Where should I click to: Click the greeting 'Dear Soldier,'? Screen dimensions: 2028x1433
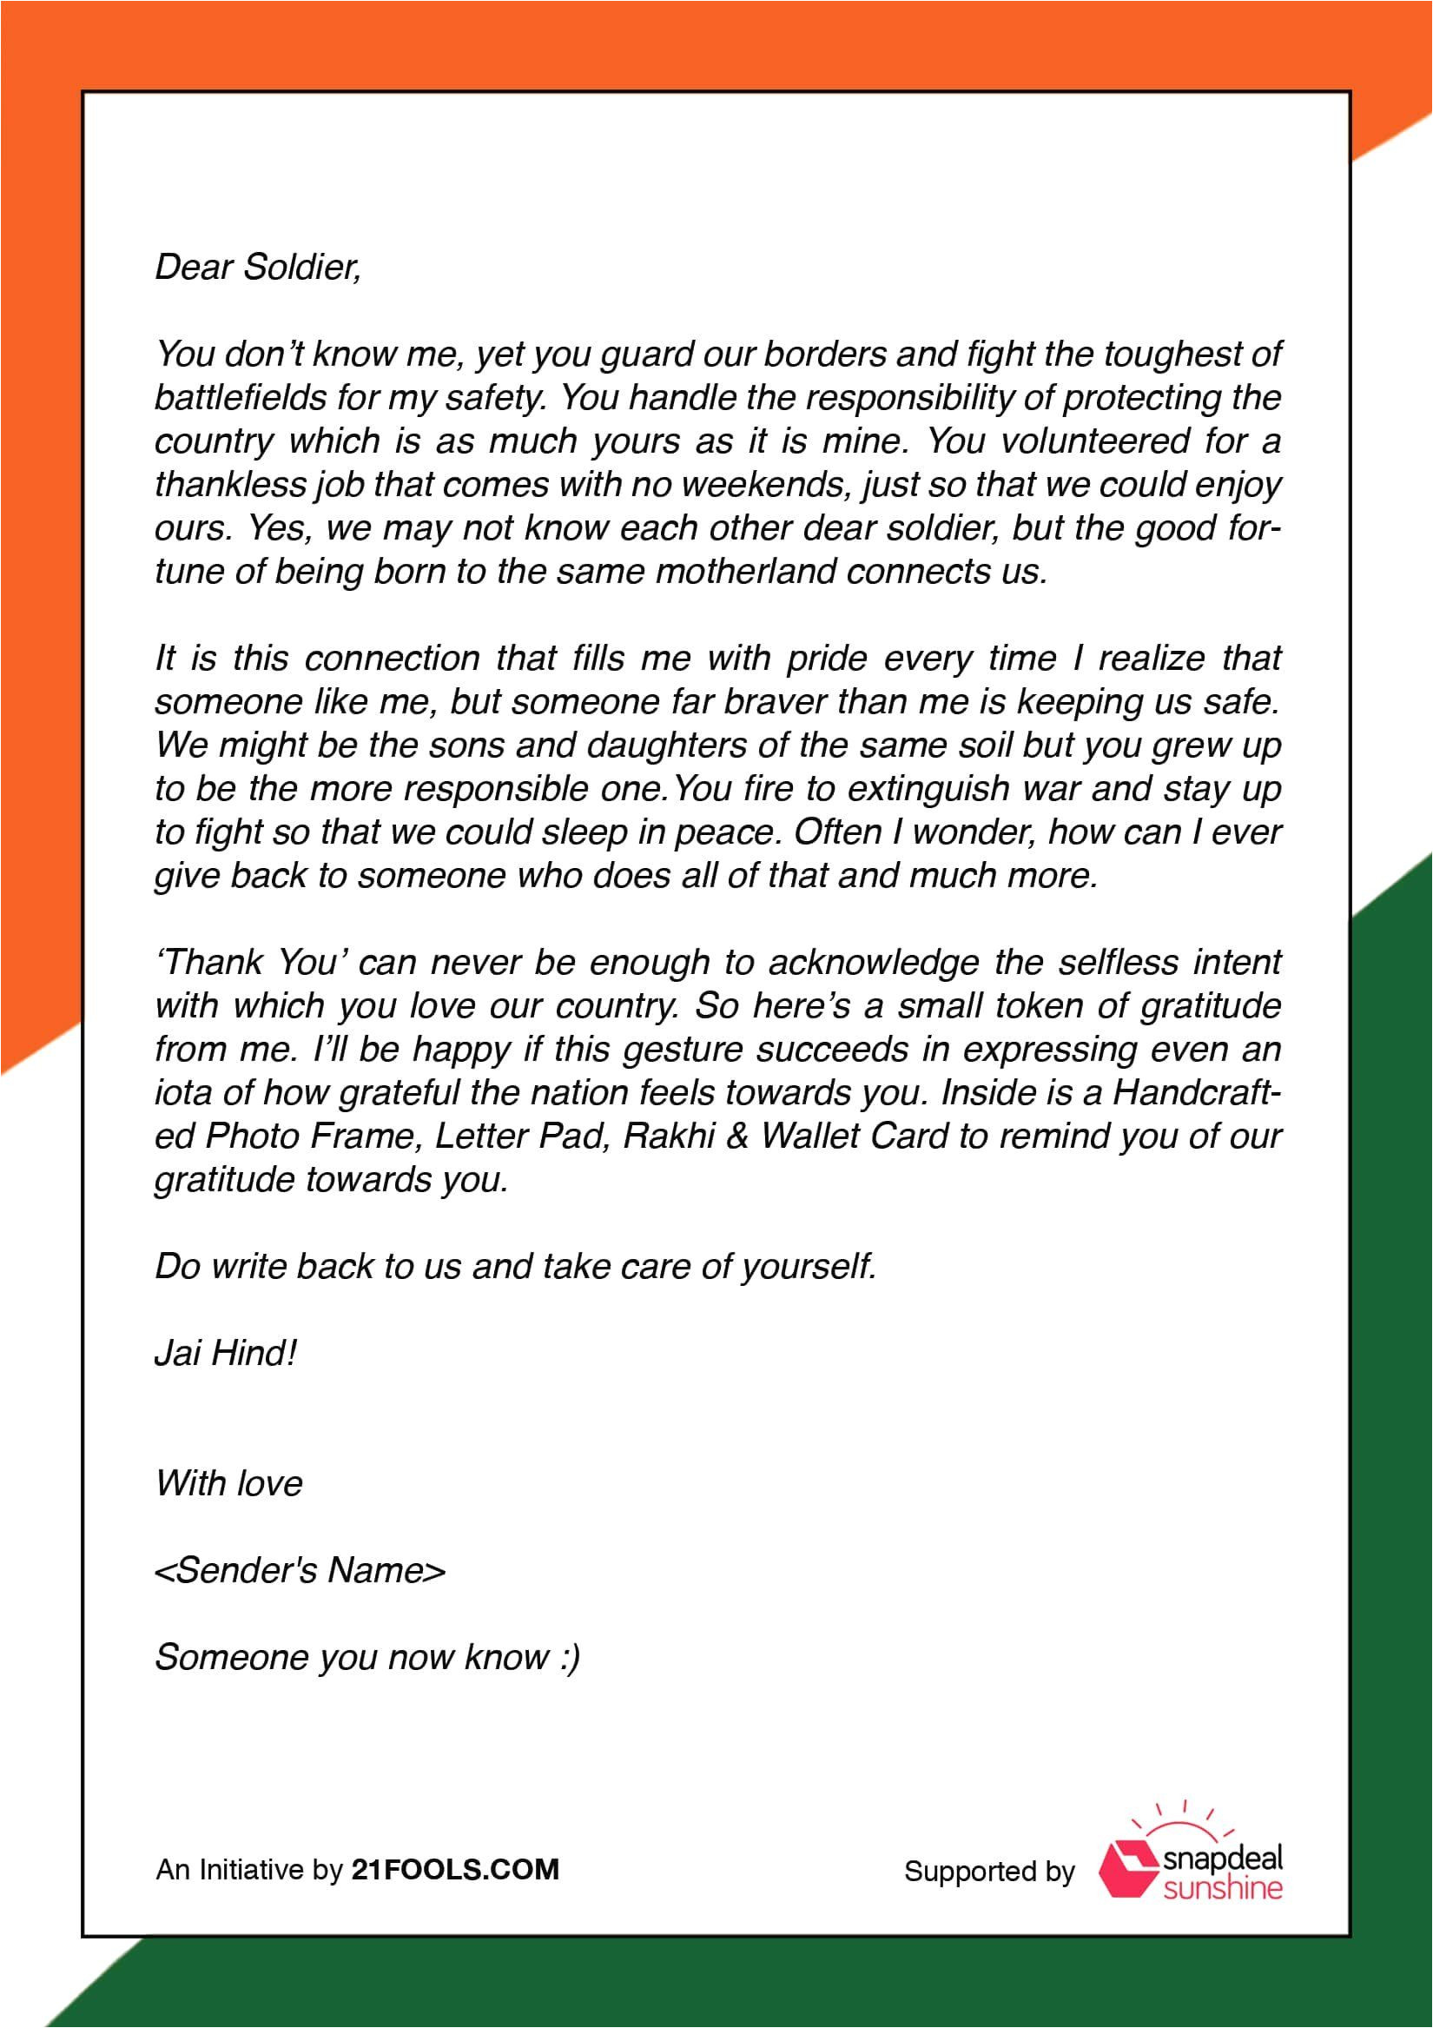(258, 268)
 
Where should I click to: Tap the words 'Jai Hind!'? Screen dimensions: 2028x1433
(225, 1354)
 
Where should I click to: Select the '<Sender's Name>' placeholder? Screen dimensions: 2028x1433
(300, 1570)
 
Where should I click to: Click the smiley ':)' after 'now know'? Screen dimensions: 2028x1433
(570, 1658)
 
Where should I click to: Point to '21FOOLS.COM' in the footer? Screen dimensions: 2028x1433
(456, 1870)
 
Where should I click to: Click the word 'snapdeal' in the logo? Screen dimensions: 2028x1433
(1223, 1859)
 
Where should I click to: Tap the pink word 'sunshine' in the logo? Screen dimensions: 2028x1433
(1223, 1889)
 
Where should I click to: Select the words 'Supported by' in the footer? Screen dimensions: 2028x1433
(989, 1872)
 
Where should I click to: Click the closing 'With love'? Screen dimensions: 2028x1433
(228, 1484)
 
